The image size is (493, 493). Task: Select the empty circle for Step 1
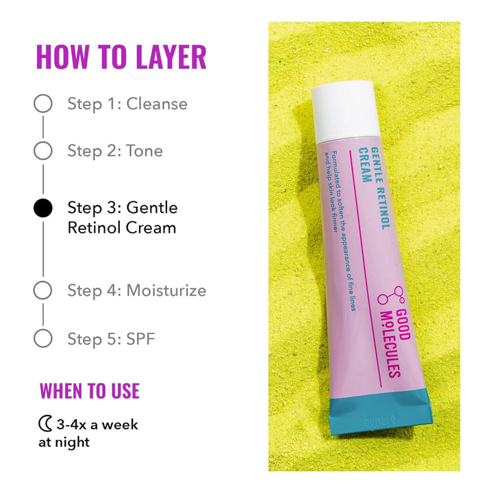pos(42,104)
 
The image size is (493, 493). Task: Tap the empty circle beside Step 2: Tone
pos(42,151)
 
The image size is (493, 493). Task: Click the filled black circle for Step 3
pos(42,208)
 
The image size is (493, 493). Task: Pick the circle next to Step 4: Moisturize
pos(42,290)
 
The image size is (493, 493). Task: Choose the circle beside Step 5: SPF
pos(42,338)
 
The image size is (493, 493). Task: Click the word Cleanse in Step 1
pos(157,104)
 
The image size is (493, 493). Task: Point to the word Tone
pos(144,151)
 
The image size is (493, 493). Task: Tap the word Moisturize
pos(166,290)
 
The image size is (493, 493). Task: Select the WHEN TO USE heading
pos(90,391)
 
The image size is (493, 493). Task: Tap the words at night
pos(64,442)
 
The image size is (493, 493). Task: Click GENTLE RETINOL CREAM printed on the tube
pos(367,188)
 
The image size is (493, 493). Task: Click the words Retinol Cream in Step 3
pos(122,227)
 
